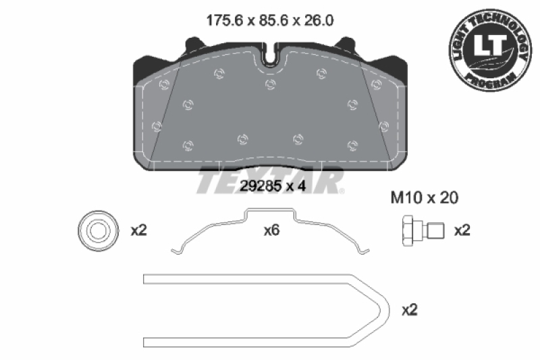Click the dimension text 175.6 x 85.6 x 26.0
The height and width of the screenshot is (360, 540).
[269, 20]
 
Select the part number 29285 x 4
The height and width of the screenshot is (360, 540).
[273, 187]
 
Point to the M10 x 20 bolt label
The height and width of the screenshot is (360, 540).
[425, 198]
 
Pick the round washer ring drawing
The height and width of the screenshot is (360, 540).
[94, 230]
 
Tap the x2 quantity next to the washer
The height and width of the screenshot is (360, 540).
[138, 230]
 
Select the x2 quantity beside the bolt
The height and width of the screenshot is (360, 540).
[462, 230]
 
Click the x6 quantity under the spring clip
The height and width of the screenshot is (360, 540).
[271, 230]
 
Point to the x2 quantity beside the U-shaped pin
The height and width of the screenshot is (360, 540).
[410, 310]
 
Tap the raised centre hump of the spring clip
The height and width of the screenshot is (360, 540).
[270, 213]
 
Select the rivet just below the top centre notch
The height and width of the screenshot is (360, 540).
[271, 83]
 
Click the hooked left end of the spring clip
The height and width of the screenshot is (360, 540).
[177, 252]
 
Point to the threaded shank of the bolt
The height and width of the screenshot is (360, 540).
[435, 230]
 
